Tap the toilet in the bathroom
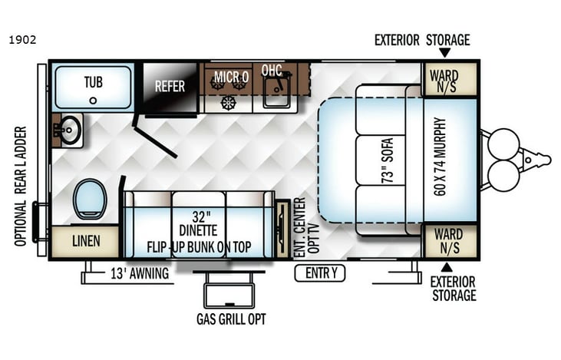pyautogui.click(x=88, y=199)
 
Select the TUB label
pyautogui.click(x=93, y=83)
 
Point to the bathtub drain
pyautogui.click(x=93, y=100)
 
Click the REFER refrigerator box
pyautogui.click(x=170, y=86)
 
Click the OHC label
pyautogui.click(x=271, y=71)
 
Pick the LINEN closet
pyautogui.click(x=86, y=241)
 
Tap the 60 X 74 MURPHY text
pyautogui.click(x=440, y=157)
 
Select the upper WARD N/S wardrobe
pyautogui.click(x=450, y=80)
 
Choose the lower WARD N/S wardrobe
pyautogui.click(x=450, y=240)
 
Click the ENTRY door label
pyautogui.click(x=321, y=272)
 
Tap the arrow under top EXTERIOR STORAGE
pyautogui.click(x=444, y=53)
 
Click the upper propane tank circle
pyautogui.click(x=504, y=144)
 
